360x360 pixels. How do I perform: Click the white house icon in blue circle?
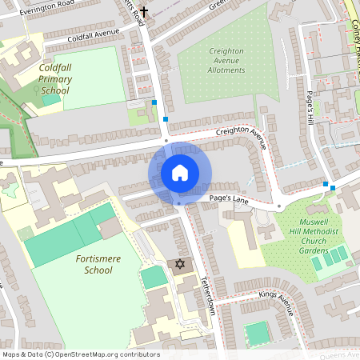coord(179,173)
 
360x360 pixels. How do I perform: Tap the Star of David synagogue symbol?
coord(179,264)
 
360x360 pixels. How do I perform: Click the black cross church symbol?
coord(144,11)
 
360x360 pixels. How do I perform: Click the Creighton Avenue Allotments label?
coord(226,60)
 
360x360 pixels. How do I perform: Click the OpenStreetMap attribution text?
coord(81,354)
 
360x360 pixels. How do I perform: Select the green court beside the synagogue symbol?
coord(152,278)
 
